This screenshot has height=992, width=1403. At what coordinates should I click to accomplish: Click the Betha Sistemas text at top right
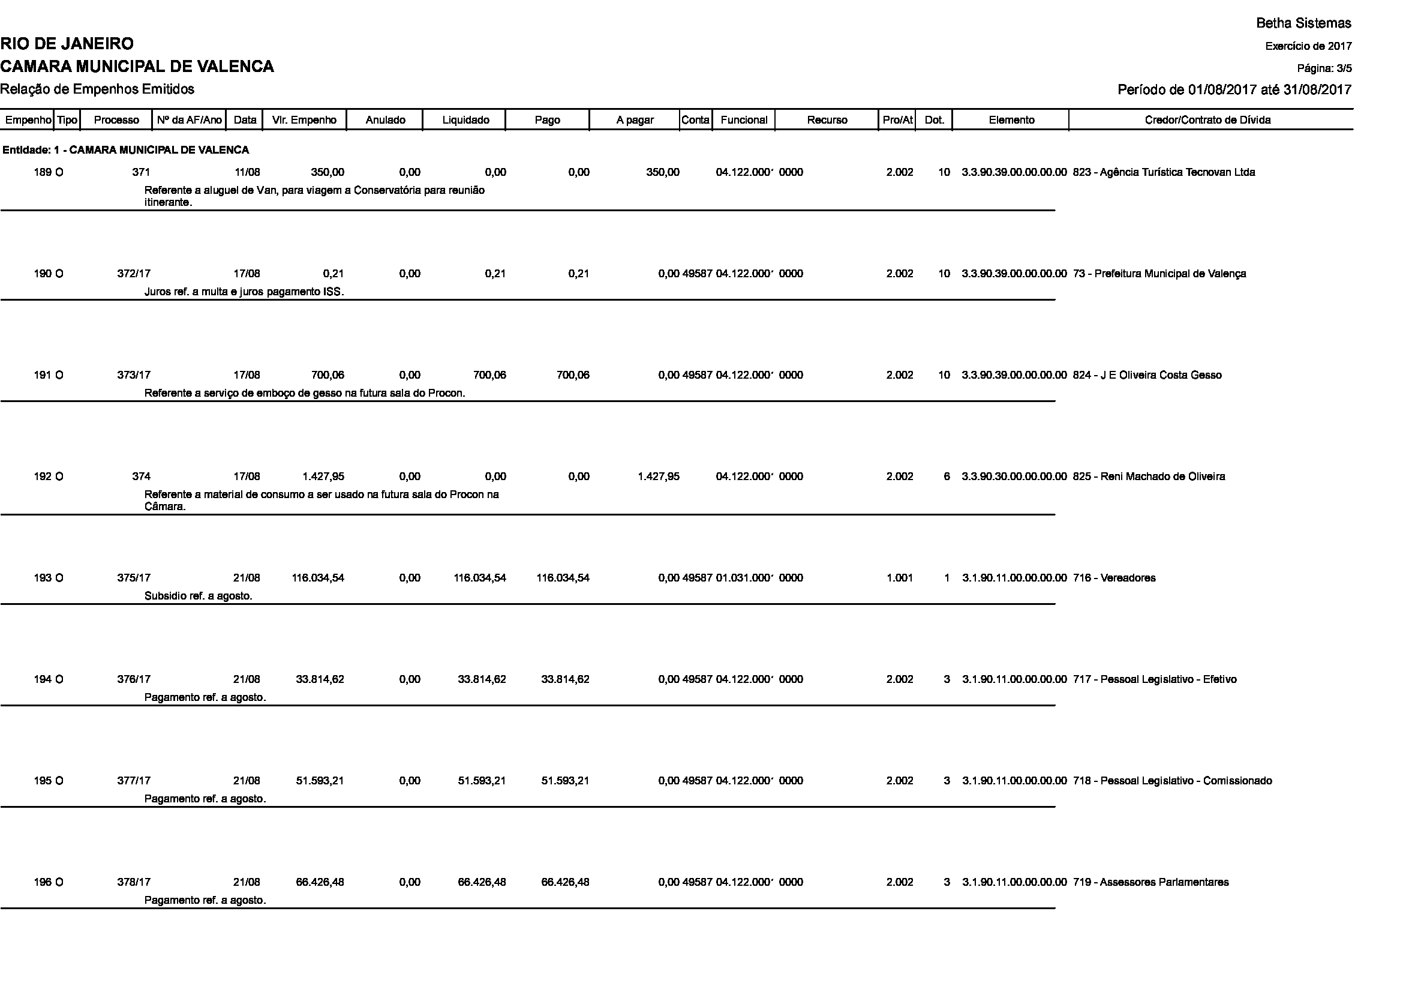[1303, 23]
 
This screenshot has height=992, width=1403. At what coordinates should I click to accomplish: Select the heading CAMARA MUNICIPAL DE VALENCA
[137, 67]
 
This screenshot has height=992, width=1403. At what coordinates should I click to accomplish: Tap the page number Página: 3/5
[1324, 68]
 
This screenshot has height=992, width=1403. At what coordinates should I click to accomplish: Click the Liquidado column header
[465, 121]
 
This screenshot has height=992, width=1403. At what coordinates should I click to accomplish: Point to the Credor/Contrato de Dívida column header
[1207, 121]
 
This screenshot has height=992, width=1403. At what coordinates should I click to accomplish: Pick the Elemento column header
[1011, 121]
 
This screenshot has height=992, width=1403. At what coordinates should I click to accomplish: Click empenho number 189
[42, 172]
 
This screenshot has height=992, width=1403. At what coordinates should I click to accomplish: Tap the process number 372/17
[134, 274]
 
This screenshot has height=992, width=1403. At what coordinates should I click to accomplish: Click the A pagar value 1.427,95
[658, 476]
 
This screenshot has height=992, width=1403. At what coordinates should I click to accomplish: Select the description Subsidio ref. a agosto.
[198, 596]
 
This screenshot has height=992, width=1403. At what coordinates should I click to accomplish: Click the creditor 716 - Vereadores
[1114, 578]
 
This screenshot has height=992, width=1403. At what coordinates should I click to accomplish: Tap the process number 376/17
[134, 680]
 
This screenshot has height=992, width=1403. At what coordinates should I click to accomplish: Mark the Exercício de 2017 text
[1308, 46]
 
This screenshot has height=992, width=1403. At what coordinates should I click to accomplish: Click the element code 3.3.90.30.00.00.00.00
[1014, 476]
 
